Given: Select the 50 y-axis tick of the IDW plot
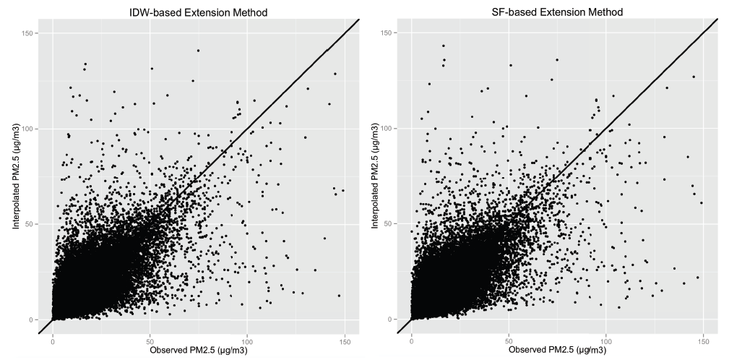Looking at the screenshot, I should pyautogui.click(x=35, y=224).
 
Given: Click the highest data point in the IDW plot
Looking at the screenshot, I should pyautogui.click(x=198, y=51).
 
